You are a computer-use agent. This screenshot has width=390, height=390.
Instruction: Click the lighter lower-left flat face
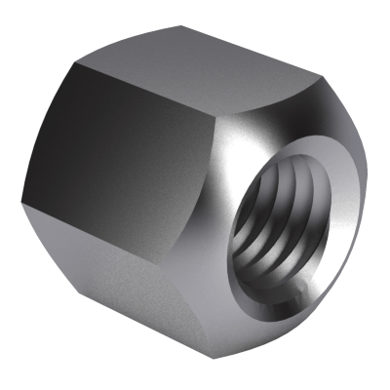point(136,292)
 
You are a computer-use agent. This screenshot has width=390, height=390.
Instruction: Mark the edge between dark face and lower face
point(117,234)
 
